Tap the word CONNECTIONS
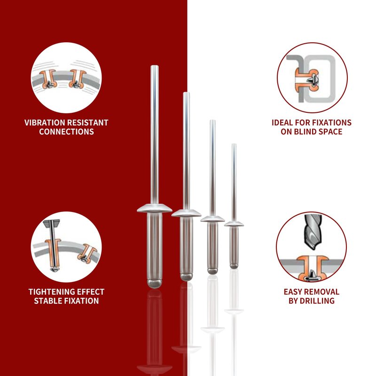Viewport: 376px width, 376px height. pos(66,132)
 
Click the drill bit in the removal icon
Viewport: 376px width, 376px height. pos(313,231)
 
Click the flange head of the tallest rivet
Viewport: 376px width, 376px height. pos(155,208)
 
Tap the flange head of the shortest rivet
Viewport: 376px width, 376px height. pos(234,224)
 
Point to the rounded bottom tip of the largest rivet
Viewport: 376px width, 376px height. pos(155,284)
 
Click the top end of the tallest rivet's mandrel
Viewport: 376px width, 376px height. pos(155,66)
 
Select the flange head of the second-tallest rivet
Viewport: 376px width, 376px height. pos(186,213)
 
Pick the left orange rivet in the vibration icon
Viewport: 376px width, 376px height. pos(48,79)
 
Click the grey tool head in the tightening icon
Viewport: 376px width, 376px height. pos(52,224)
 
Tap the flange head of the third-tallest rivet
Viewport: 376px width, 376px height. pos(212,219)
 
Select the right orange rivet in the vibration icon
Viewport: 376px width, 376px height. pos(77,79)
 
